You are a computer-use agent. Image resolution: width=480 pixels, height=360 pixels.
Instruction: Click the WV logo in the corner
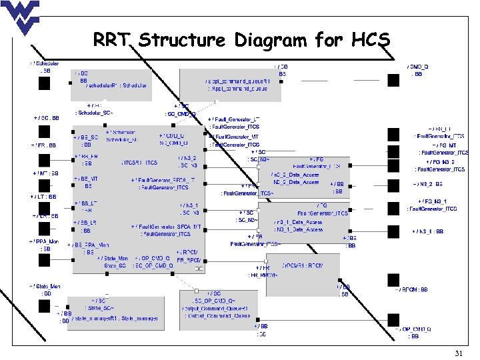pyautogui.click(x=21, y=16)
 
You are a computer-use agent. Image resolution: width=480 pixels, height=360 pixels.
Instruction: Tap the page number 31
pyautogui.click(x=458, y=353)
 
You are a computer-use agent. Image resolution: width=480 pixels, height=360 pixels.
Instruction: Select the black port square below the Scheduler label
pyautogui.click(x=45, y=83)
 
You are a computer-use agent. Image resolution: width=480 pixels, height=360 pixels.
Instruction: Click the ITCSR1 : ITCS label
pyautogui.click(x=139, y=162)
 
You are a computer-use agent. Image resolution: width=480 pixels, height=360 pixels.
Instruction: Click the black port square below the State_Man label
pyautogui.click(x=45, y=306)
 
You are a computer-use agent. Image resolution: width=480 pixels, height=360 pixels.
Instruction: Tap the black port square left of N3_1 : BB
pyautogui.click(x=391, y=231)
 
